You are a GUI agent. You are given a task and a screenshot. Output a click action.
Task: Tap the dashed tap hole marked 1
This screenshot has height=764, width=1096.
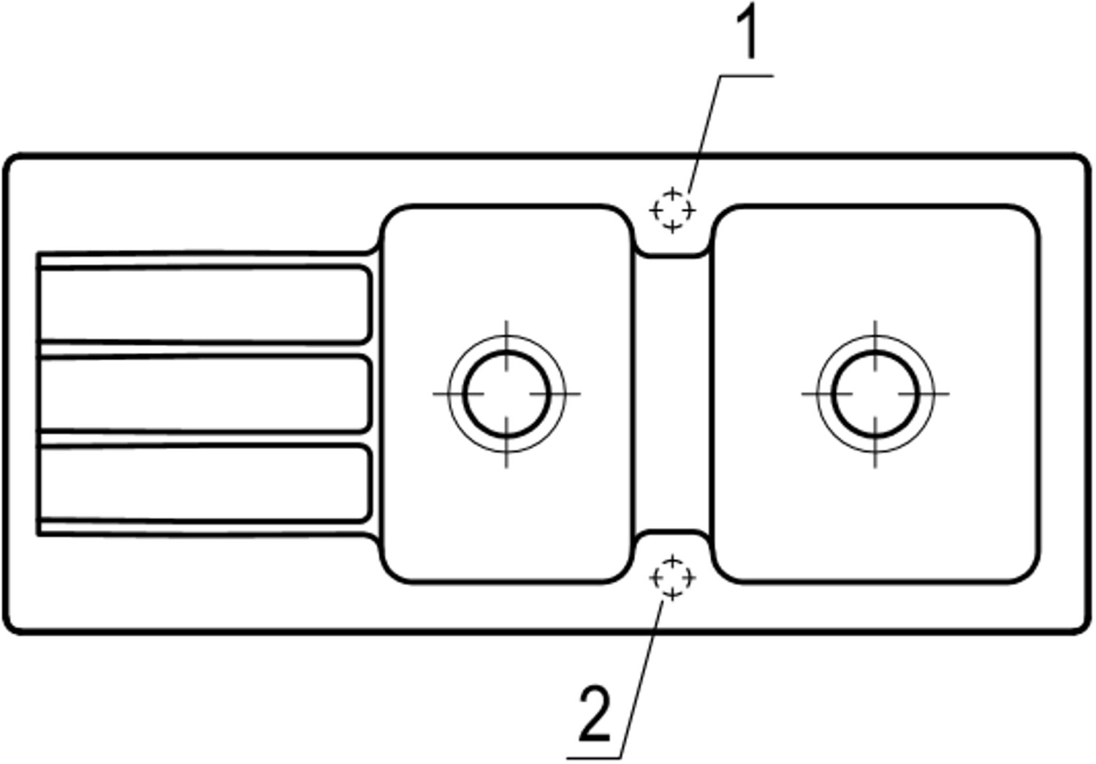click(672, 211)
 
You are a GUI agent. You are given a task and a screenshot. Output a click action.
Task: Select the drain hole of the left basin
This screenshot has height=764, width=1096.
click(506, 393)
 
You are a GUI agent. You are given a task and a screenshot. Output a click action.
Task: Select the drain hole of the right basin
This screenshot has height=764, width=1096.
click(875, 393)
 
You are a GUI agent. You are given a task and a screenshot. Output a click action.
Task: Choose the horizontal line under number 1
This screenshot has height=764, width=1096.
click(745, 75)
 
